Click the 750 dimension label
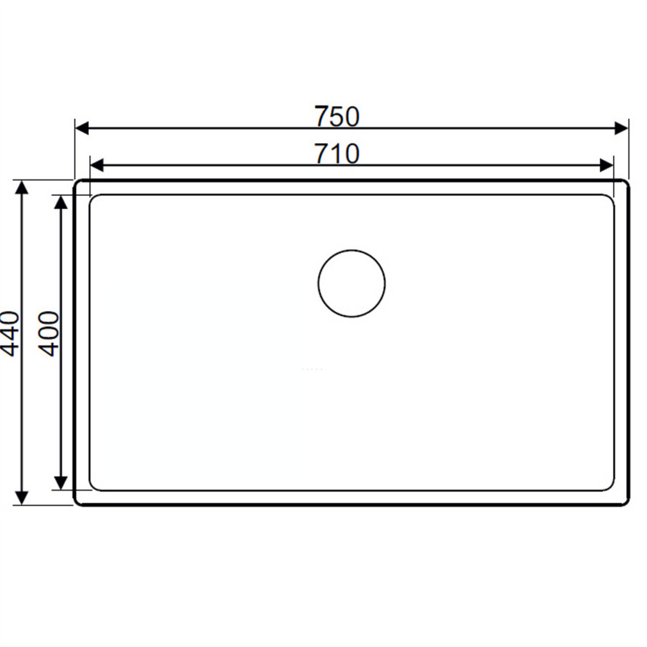tap(337, 116)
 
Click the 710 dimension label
tap(337, 154)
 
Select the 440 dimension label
tap(11, 334)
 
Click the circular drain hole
tap(351, 283)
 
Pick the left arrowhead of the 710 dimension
tap(97, 166)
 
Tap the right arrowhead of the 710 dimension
tap(606, 166)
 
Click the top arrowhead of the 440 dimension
tap(21, 188)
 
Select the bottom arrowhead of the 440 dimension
tap(21, 497)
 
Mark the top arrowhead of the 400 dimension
tap(60, 202)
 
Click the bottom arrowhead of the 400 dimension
tap(60, 483)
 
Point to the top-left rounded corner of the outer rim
tap(77, 183)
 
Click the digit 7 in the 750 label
tap(321, 116)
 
